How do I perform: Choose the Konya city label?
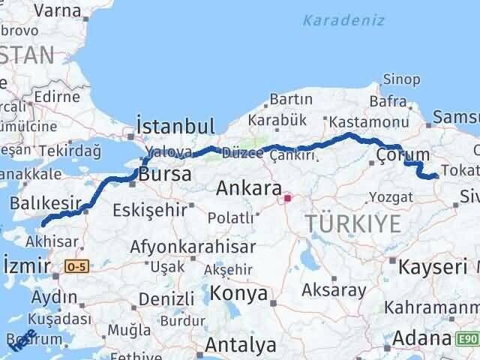click(x=238, y=293)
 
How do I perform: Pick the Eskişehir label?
click(x=148, y=210)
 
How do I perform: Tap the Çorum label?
click(x=403, y=154)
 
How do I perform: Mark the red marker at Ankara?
click(x=286, y=199)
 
